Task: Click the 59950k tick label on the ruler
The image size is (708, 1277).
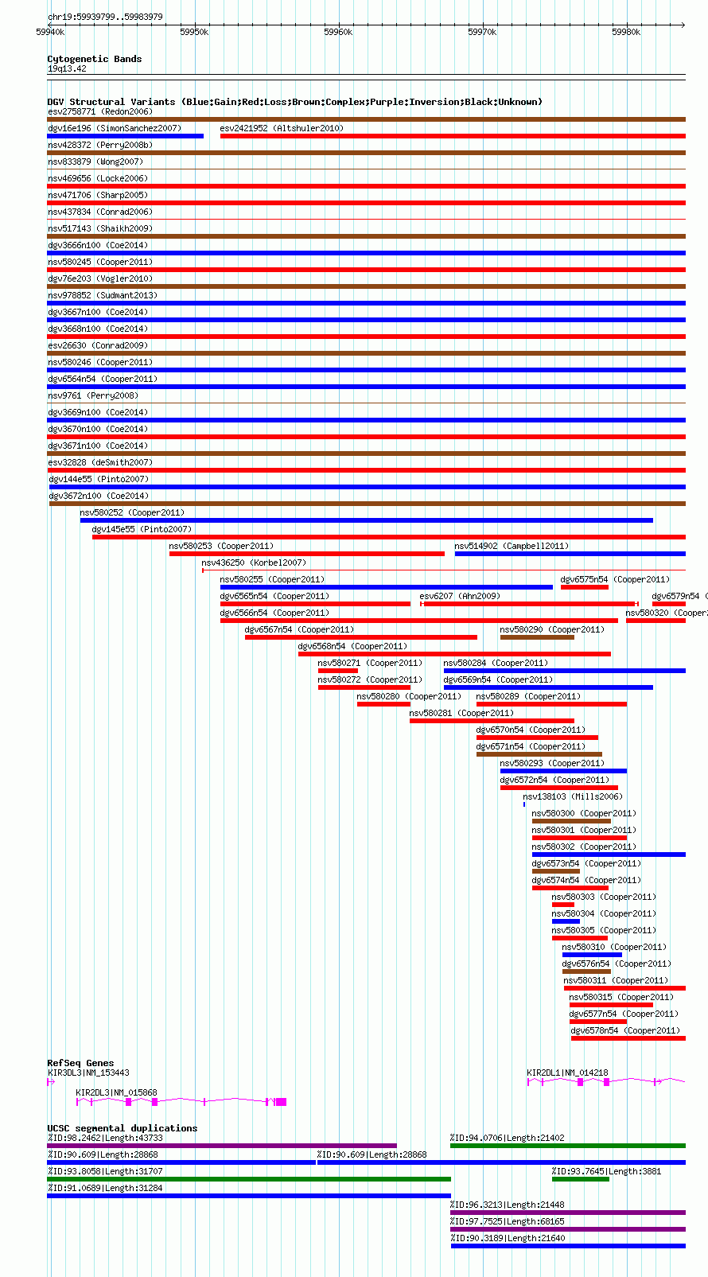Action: (194, 33)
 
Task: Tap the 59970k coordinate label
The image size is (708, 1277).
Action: (482, 33)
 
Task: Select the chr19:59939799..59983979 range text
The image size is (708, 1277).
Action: (105, 17)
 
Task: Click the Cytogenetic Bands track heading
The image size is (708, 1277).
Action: (95, 59)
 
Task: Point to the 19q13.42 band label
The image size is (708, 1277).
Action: (67, 69)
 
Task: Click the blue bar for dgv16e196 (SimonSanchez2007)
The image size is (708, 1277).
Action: (126, 136)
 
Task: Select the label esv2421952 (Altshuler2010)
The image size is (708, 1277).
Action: (282, 128)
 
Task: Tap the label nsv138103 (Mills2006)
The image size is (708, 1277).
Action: (573, 796)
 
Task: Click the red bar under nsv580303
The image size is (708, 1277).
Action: (562, 905)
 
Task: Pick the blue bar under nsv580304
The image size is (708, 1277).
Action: (566, 921)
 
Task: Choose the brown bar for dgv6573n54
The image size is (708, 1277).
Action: (556, 871)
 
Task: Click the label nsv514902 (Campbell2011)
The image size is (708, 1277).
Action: (512, 546)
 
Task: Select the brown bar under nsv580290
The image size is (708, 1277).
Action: (537, 637)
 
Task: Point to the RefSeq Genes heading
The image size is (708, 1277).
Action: (80, 1063)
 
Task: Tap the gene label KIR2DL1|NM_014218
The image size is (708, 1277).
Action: (567, 1073)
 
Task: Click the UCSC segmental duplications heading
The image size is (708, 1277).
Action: (122, 1127)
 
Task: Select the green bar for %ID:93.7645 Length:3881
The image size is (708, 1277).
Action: (580, 1179)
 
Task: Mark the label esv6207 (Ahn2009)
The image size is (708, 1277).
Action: (460, 596)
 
